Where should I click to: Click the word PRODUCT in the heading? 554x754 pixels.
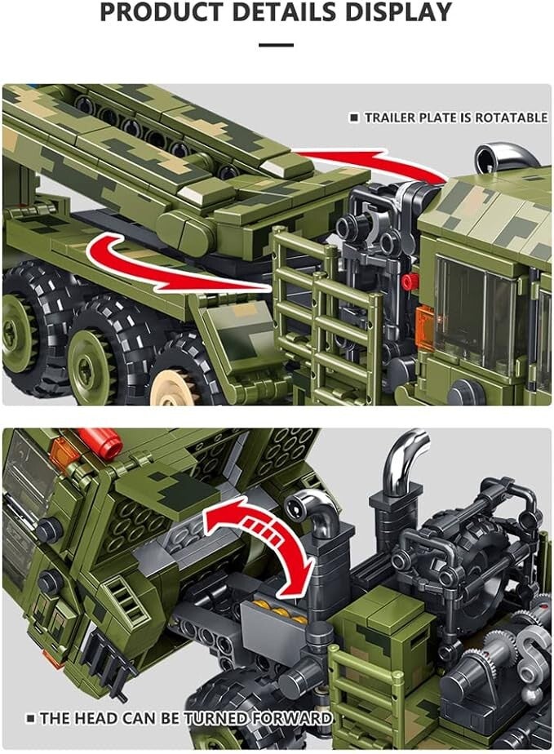pos(162,11)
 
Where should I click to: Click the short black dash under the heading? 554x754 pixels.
pos(276,45)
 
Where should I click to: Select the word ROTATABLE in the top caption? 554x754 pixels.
pos(512,118)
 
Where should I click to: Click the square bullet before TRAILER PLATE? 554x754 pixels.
pos(354,118)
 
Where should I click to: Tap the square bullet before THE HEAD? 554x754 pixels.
pos(31,718)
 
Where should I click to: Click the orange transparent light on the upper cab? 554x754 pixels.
pos(425,322)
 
